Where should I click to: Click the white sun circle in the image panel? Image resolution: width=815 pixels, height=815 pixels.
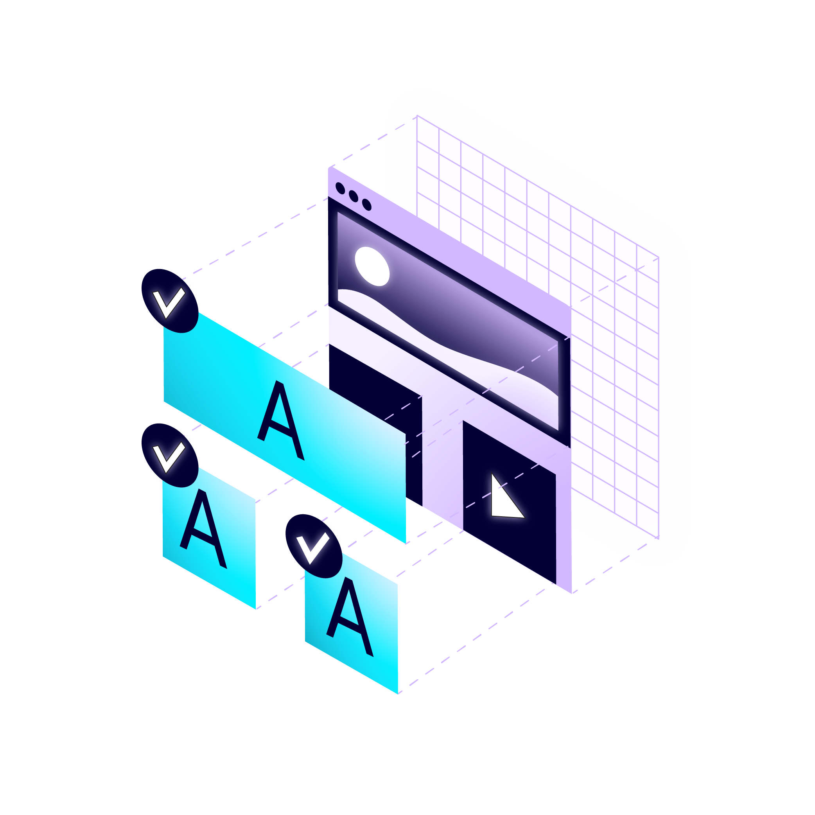tap(372, 266)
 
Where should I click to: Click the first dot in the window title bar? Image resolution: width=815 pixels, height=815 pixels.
tap(340, 188)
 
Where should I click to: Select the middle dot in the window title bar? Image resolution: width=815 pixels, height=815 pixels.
tap(354, 196)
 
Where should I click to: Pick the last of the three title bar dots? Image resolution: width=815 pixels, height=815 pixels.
tap(366, 205)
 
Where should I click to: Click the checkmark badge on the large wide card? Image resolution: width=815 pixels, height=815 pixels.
tap(170, 301)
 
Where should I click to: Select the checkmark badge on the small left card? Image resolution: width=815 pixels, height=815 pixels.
tap(170, 455)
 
